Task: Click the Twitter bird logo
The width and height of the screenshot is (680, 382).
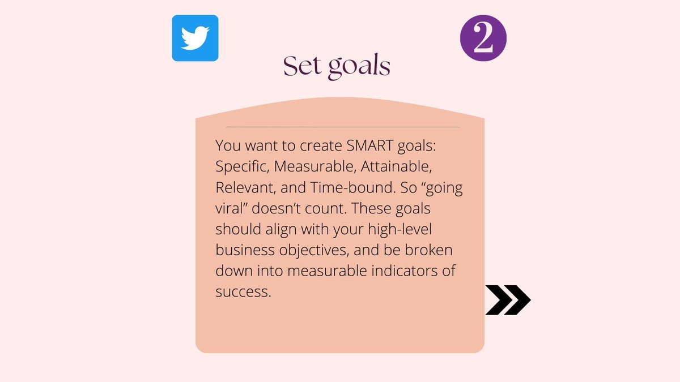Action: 195,38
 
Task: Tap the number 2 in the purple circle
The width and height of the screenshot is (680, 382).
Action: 483,38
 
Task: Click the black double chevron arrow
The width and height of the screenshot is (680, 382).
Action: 508,300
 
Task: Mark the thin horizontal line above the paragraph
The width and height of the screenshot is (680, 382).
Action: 342,127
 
